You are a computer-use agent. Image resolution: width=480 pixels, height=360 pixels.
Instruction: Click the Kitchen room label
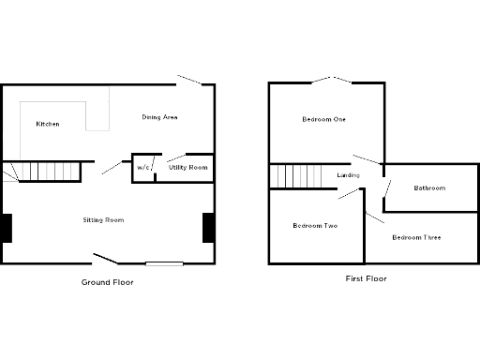click(48, 124)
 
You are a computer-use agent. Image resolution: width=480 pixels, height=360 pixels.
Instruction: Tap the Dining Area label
click(159, 117)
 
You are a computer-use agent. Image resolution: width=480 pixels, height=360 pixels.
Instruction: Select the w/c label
click(142, 168)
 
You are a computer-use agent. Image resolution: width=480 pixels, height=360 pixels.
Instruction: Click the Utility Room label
click(187, 168)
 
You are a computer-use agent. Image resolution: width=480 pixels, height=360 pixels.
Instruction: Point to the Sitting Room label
click(103, 220)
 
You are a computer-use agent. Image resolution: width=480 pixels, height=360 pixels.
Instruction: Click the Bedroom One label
click(323, 119)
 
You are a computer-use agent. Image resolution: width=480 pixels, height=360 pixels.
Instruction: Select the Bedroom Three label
click(416, 237)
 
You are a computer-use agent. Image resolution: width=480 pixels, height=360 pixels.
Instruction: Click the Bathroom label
click(429, 187)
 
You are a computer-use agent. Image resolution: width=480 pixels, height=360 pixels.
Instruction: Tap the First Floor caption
click(366, 278)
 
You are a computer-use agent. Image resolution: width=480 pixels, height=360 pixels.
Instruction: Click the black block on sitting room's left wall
click(6, 228)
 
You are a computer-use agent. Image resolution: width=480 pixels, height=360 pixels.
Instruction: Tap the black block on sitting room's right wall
click(208, 228)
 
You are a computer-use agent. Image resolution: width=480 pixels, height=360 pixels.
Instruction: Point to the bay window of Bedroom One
click(324, 81)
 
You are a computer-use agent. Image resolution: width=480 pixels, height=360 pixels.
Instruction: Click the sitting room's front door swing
click(106, 258)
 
